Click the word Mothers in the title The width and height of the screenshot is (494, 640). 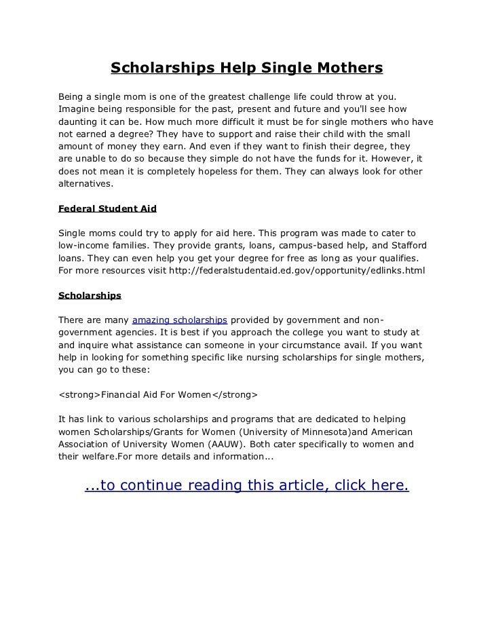(347, 69)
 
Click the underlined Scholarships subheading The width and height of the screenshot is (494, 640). (90, 296)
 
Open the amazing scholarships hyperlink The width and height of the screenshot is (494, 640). (179, 320)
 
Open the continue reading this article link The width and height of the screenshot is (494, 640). (246, 485)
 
